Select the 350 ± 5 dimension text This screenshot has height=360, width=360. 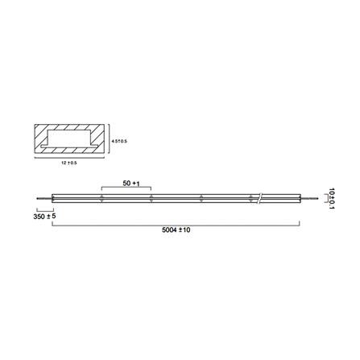[44, 217]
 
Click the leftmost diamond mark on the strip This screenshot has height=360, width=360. [101, 198]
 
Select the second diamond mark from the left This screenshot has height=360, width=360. [151, 198]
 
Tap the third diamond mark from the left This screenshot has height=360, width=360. [201, 198]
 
